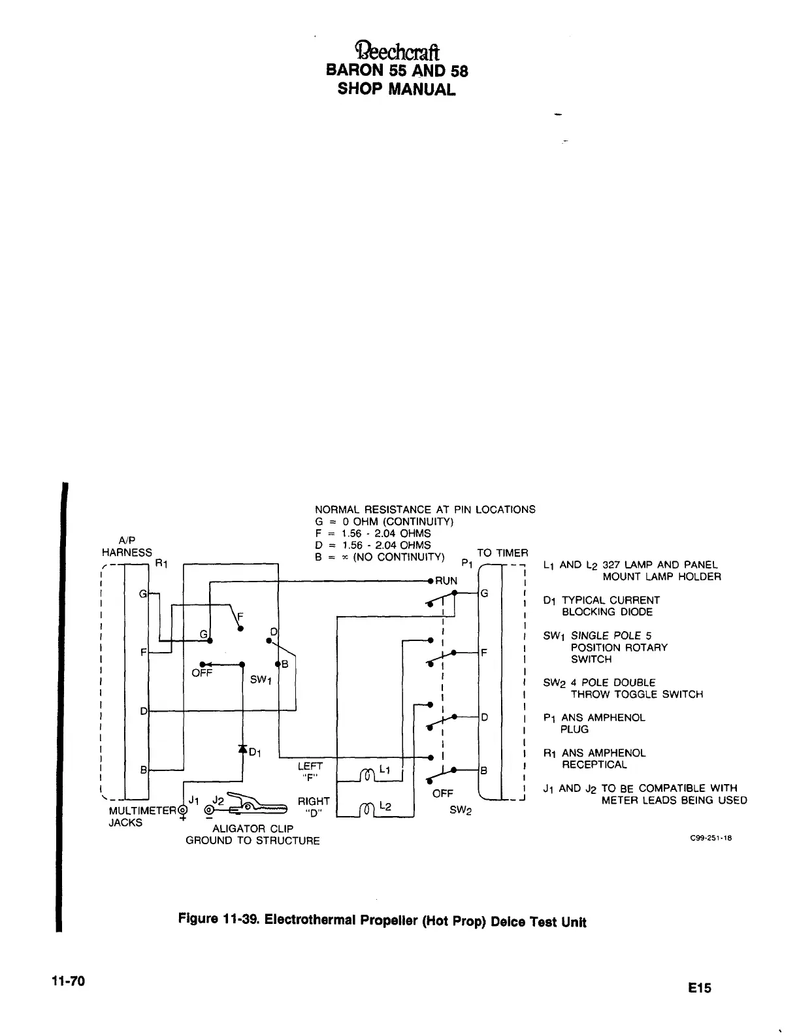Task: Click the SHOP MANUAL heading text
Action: tap(397, 89)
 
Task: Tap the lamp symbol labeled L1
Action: tap(366, 774)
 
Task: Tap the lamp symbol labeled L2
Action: tap(366, 810)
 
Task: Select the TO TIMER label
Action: tap(502, 553)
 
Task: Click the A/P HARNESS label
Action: tap(127, 546)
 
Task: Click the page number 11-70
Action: tap(71, 981)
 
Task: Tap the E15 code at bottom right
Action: tap(698, 988)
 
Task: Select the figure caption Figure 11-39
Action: tap(382, 921)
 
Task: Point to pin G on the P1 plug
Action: tap(484, 593)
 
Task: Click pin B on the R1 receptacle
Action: tap(144, 770)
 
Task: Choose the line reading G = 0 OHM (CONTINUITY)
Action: tap(384, 521)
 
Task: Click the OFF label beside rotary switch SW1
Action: tap(202, 673)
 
